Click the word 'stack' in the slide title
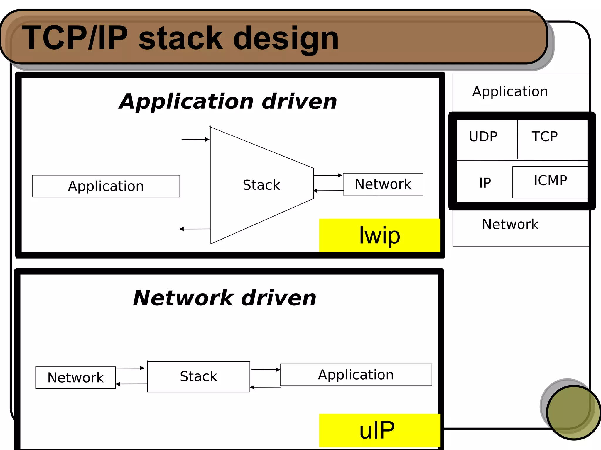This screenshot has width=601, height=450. pyautogui.click(x=180, y=38)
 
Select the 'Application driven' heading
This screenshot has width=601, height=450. pyautogui.click(x=228, y=101)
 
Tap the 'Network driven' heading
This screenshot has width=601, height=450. pyautogui.click(x=224, y=298)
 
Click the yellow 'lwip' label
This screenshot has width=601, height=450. pyautogui.click(x=379, y=235)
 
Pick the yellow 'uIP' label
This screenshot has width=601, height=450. pyautogui.click(x=379, y=430)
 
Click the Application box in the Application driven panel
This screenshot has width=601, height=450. pyautogui.click(x=106, y=186)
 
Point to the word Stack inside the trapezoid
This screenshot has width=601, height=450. pyautogui.click(x=261, y=185)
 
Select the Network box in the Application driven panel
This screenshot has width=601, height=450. pyautogui.click(x=383, y=184)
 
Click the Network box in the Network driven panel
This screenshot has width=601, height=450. pyautogui.click(x=75, y=377)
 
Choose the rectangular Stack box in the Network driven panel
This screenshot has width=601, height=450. pyautogui.click(x=198, y=376)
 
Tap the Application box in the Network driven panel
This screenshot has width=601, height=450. pyautogui.click(x=356, y=375)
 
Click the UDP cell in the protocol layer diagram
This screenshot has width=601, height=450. pyautogui.click(x=483, y=137)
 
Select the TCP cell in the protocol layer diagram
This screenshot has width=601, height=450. pyautogui.click(x=545, y=137)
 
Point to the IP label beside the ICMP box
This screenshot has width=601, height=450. pyautogui.click(x=485, y=183)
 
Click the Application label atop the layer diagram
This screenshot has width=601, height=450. pyautogui.click(x=510, y=91)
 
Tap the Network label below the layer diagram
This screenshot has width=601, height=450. pyautogui.click(x=510, y=224)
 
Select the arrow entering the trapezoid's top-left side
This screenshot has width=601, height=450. pyautogui.click(x=195, y=140)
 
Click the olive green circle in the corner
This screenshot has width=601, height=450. pyautogui.click(x=573, y=412)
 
